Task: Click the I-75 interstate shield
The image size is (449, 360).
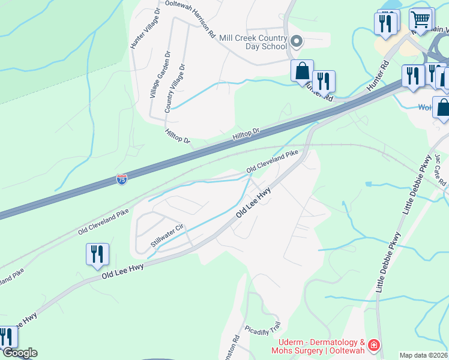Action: coord(122,179)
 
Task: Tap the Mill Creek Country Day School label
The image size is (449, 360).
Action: coord(253,41)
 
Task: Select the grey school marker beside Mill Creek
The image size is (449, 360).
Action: coord(296,41)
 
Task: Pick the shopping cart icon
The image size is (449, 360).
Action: coord(422,19)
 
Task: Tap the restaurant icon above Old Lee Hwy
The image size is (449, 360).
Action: coord(97,253)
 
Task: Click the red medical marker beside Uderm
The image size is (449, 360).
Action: coord(373,345)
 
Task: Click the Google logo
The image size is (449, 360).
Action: coord(19,353)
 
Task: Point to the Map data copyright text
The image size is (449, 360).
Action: coord(424,355)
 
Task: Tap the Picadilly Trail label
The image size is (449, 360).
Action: coord(263,329)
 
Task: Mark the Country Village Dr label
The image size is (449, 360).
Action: coord(175,88)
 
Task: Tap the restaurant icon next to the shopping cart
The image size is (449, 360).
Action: coord(385,23)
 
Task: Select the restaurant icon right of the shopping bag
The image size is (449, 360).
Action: coord(324,80)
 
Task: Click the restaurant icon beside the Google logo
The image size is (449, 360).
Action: coord(6,337)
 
